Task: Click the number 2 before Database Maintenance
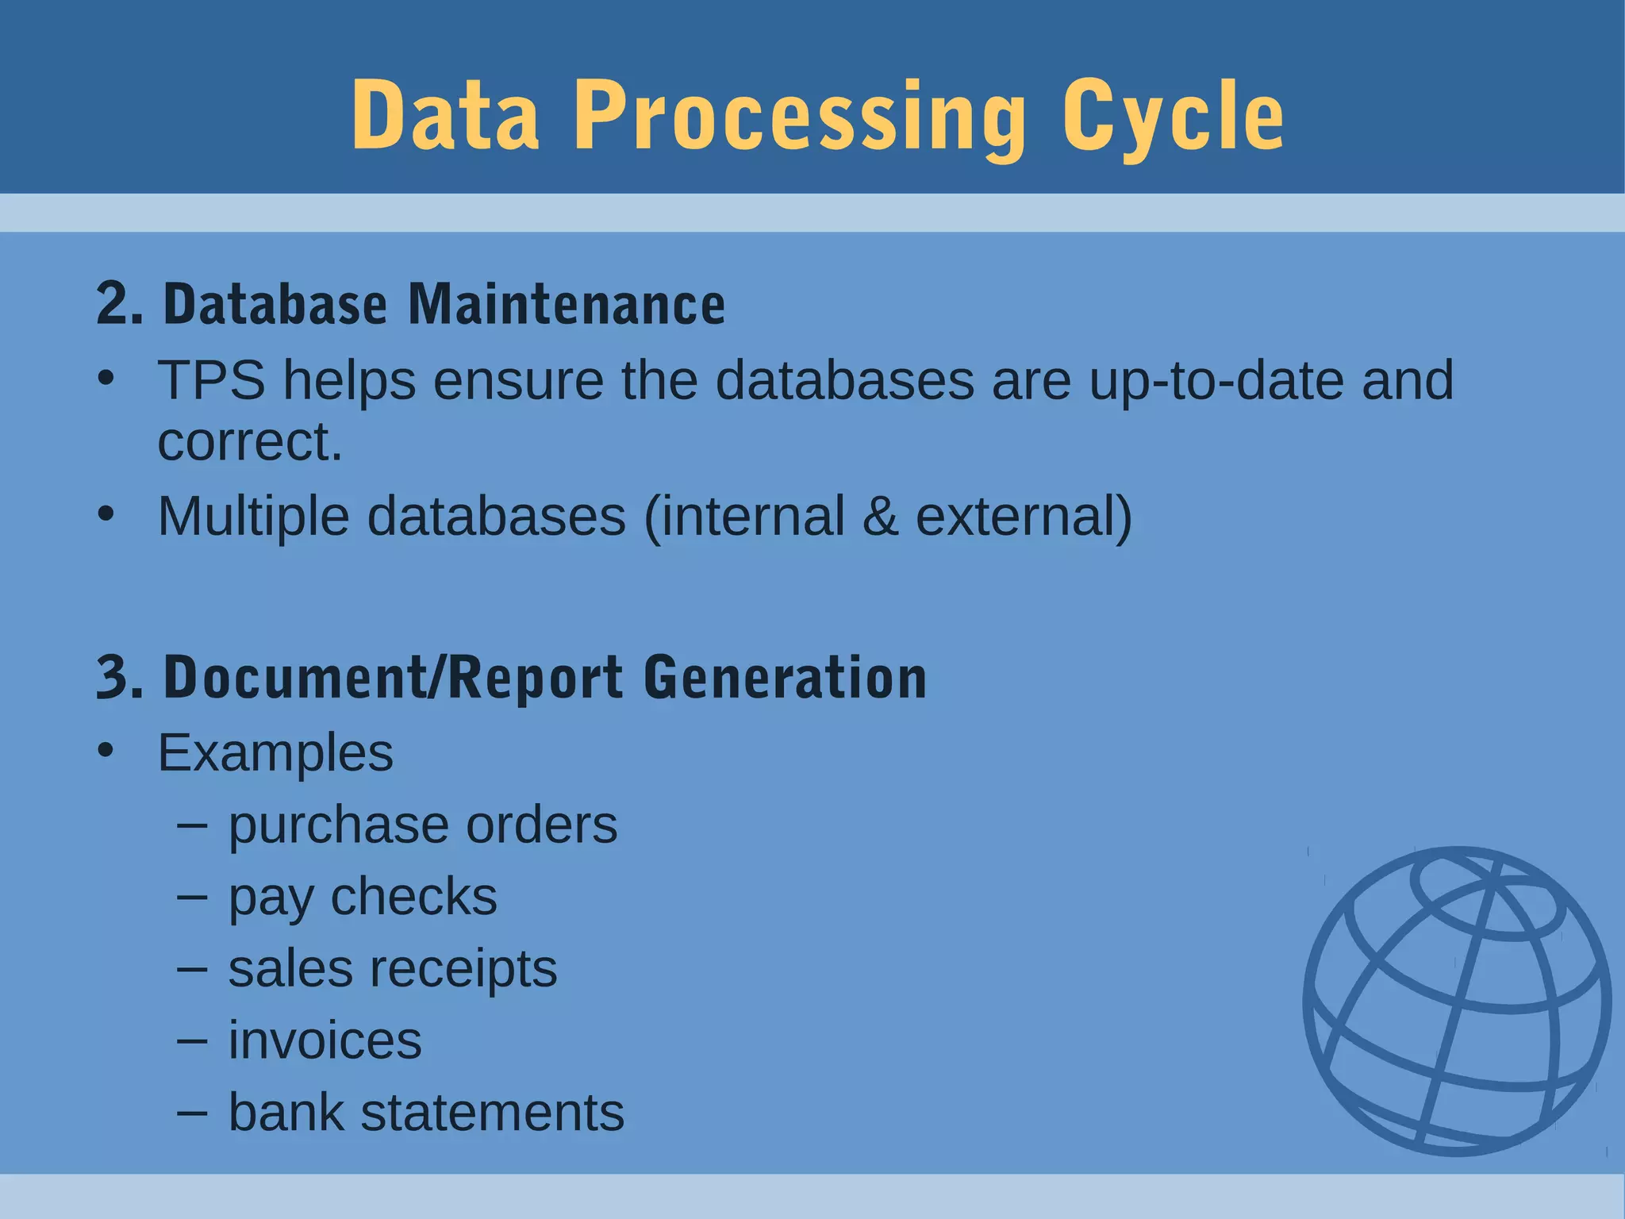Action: tap(111, 304)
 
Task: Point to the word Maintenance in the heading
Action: tap(567, 304)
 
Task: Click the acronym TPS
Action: tap(211, 380)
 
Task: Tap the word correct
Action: tap(249, 441)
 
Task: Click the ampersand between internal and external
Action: tap(880, 517)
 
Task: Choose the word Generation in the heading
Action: tap(785, 678)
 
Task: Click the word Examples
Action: tap(275, 752)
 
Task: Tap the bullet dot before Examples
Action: tap(106, 750)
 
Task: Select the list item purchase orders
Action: tap(422, 825)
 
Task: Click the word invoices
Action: tap(325, 1040)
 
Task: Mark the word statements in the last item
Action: tap(492, 1113)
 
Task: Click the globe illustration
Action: tap(1457, 1001)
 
